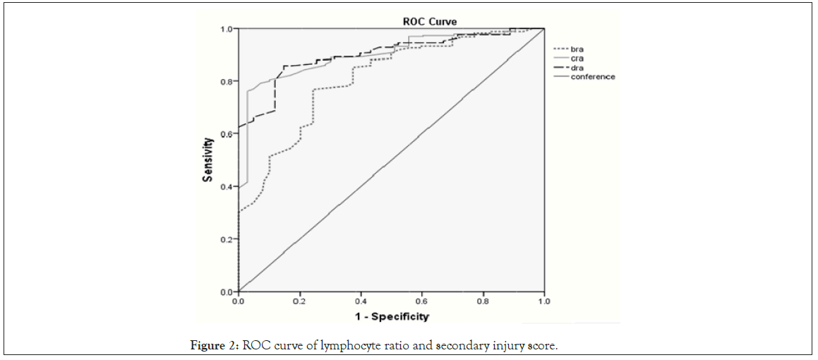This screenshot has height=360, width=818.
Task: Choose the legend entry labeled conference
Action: click(593, 77)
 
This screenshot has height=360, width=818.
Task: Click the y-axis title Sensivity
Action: click(207, 160)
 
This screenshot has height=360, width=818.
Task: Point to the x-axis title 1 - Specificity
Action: click(392, 316)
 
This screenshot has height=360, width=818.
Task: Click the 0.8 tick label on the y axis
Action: click(226, 81)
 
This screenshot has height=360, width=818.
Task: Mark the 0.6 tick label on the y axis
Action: click(226, 134)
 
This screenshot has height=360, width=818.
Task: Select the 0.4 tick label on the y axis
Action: click(226, 186)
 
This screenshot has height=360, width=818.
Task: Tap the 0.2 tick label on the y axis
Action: click(226, 239)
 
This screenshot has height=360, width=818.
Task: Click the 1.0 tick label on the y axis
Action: click(226, 29)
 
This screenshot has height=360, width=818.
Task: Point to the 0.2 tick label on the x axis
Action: click(300, 300)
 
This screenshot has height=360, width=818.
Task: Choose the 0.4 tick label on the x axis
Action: click(361, 300)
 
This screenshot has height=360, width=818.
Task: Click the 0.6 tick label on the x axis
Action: click(422, 300)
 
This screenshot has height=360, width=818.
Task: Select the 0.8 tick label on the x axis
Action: click(483, 300)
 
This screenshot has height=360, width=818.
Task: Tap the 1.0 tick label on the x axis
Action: click(543, 300)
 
